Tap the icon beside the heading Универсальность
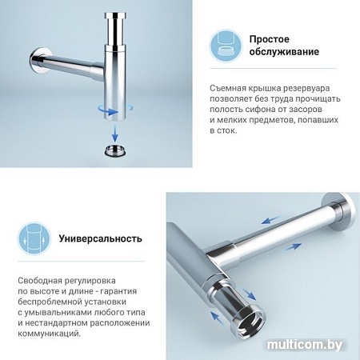point(34,238)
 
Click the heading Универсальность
point(100,238)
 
